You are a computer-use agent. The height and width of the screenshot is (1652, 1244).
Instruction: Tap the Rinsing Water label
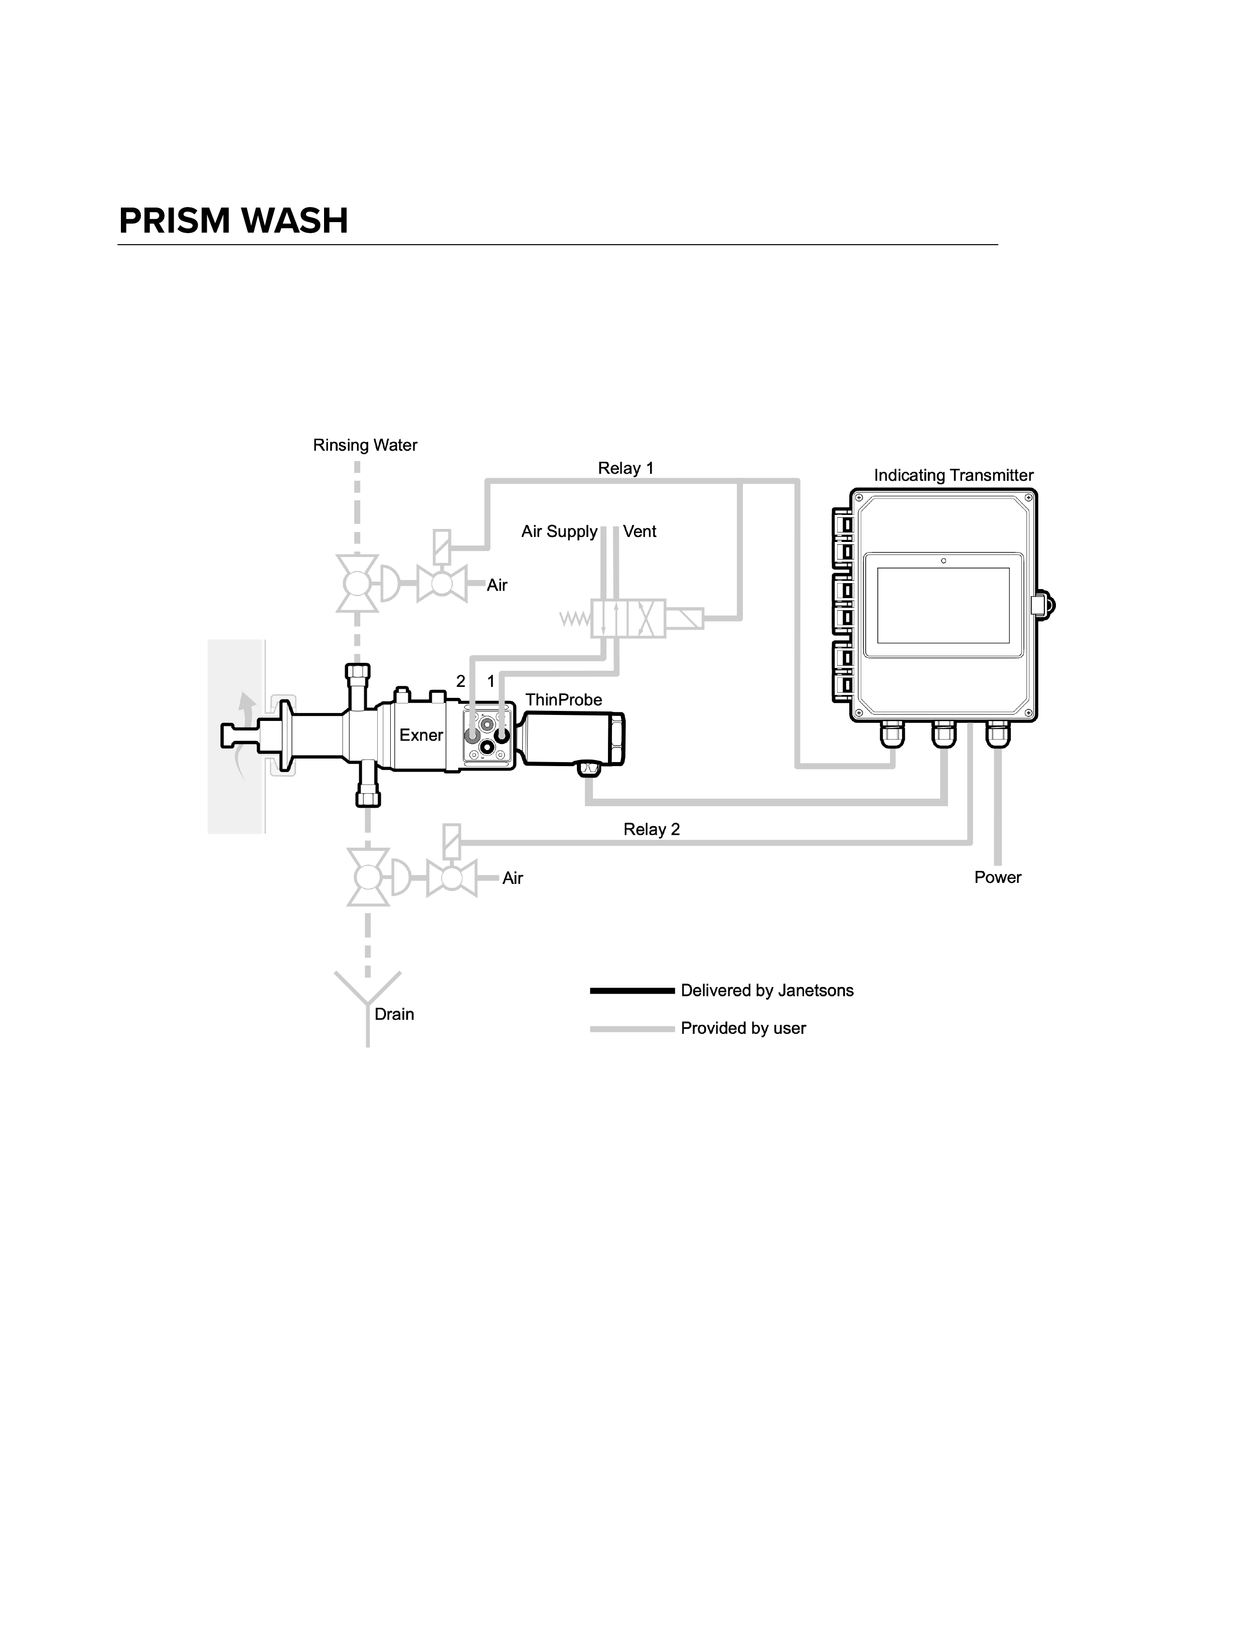365,445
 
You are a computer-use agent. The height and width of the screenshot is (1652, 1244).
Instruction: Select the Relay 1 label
626,468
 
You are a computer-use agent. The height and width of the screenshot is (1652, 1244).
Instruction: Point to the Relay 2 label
652,829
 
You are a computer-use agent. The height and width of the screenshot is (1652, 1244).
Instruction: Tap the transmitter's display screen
943,605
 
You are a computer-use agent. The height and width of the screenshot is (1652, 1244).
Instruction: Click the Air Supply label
559,532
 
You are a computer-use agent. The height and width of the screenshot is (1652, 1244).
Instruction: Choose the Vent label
640,532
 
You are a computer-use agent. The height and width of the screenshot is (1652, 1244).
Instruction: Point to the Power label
997,877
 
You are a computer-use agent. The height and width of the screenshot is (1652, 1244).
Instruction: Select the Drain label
394,1014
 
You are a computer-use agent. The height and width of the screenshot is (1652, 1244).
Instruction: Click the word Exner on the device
421,735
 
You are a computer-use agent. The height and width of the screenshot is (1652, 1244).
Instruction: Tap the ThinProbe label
563,700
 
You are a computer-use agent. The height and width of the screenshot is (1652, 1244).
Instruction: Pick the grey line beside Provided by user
632,1029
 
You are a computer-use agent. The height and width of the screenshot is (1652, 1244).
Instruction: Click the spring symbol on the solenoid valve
575,619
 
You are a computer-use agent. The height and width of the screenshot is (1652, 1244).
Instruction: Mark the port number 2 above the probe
461,681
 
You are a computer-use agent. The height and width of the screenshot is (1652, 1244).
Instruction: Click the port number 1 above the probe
491,681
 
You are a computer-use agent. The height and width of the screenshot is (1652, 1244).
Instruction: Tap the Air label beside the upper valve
497,586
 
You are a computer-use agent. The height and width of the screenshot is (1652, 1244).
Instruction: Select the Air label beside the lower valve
513,878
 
